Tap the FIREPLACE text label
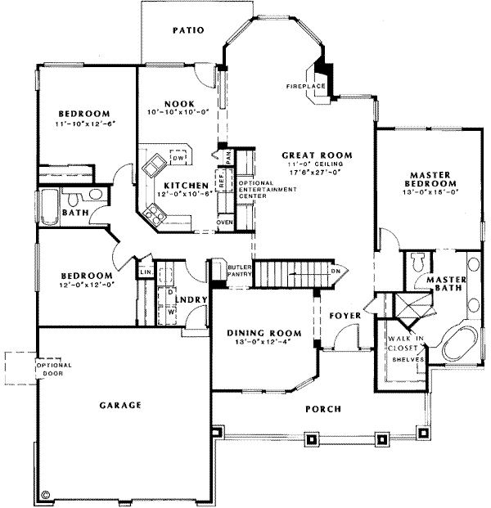(306, 85)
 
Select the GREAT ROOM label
(317, 155)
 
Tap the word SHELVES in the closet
(408, 359)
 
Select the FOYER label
(341, 314)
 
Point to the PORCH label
(324, 408)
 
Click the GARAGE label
(123, 404)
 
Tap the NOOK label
(178, 102)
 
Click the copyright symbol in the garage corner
(45, 494)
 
